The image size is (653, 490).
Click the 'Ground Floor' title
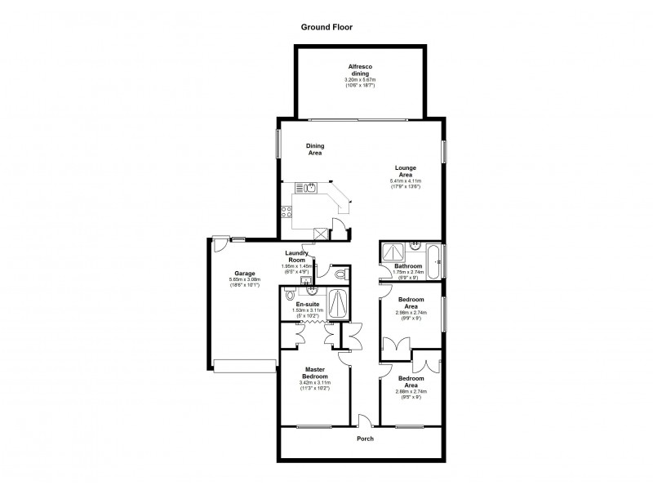click(326, 26)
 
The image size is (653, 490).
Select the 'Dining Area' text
click(315, 149)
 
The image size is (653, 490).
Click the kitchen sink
click(310, 189)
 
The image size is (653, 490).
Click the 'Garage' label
click(245, 274)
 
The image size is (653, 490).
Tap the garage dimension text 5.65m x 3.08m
click(245, 280)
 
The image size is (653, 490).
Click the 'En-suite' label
click(308, 304)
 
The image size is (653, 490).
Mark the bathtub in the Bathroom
click(439, 263)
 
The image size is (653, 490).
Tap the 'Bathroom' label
click(408, 266)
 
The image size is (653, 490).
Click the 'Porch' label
click(365, 439)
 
